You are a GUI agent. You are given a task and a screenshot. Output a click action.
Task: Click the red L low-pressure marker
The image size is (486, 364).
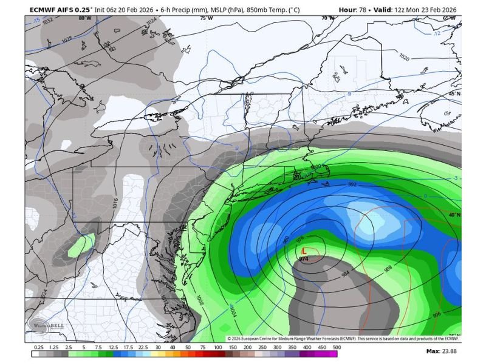(x=304, y=250)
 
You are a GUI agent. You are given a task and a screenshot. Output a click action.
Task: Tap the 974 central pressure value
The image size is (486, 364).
(x=304, y=258)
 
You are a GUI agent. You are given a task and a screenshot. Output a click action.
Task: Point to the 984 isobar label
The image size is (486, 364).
(x=346, y=274)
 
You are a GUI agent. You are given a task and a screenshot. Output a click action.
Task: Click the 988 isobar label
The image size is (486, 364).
(x=388, y=268)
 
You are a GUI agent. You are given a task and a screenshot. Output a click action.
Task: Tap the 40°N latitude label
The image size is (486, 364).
(x=454, y=215)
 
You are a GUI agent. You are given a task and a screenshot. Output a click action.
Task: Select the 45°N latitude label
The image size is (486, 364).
(x=454, y=94)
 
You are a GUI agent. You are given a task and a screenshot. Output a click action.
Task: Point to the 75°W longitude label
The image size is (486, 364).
(x=207, y=18)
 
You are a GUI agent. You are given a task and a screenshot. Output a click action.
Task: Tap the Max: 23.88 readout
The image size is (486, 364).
(x=440, y=351)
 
